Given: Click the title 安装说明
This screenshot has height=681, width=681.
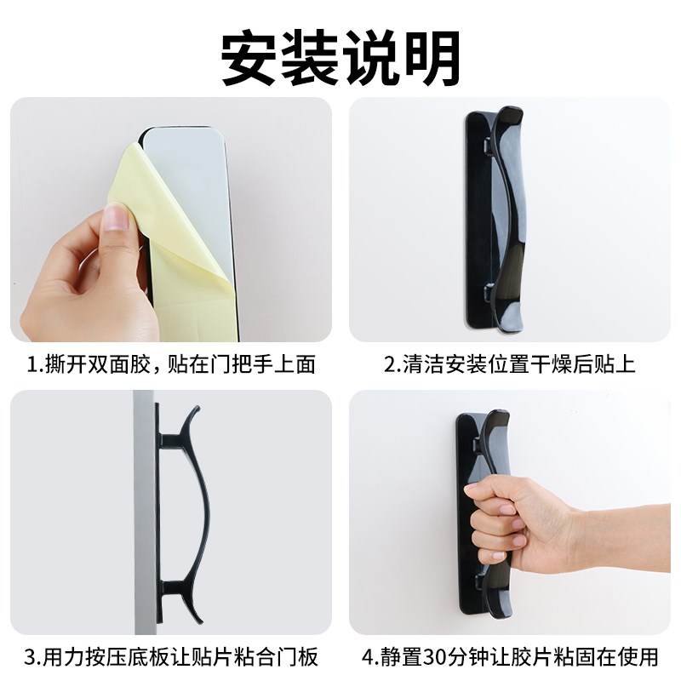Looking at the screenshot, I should (x=340, y=58).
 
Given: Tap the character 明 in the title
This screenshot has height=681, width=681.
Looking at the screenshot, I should (x=431, y=58).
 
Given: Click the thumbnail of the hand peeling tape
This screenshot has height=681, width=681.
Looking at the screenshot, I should (x=170, y=220).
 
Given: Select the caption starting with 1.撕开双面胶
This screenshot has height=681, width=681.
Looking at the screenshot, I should (x=171, y=365).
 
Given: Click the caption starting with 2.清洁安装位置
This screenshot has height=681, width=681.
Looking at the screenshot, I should (x=509, y=365).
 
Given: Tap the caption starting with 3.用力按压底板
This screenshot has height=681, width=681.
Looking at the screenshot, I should (x=171, y=656).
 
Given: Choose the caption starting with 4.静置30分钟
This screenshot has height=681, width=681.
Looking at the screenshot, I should (x=509, y=656).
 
